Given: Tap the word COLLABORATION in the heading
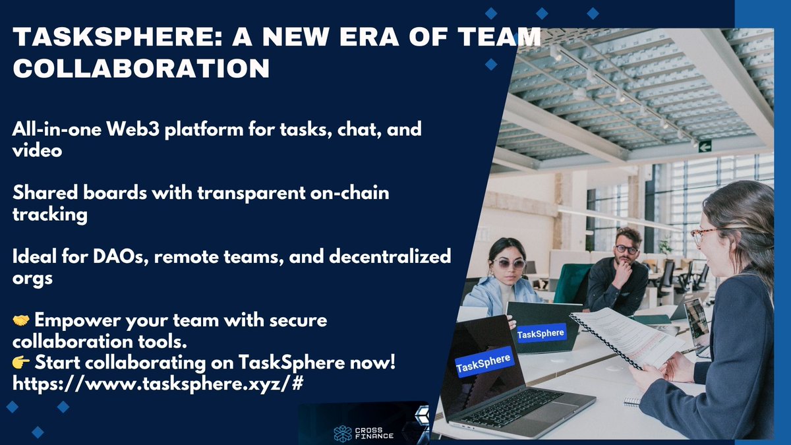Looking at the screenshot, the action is pos(141,68).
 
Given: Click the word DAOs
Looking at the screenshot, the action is pos(121,256).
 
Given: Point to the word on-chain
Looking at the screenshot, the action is pos(349,193).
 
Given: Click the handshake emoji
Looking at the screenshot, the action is pos(21,320).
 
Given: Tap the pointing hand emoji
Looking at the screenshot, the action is pos(21,363).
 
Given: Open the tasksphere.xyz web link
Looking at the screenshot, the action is pos(158,384).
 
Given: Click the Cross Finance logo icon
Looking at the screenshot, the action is pos(343,433).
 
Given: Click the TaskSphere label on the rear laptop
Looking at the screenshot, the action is pos(541,334).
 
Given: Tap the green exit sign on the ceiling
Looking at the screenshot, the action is pos(705,146).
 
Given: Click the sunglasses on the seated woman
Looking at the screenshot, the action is pos(508,264).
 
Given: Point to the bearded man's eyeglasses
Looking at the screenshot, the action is pos(627,250).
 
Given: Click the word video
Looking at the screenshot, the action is pos(37,150).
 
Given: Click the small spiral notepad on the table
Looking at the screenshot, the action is pos(632,401).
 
